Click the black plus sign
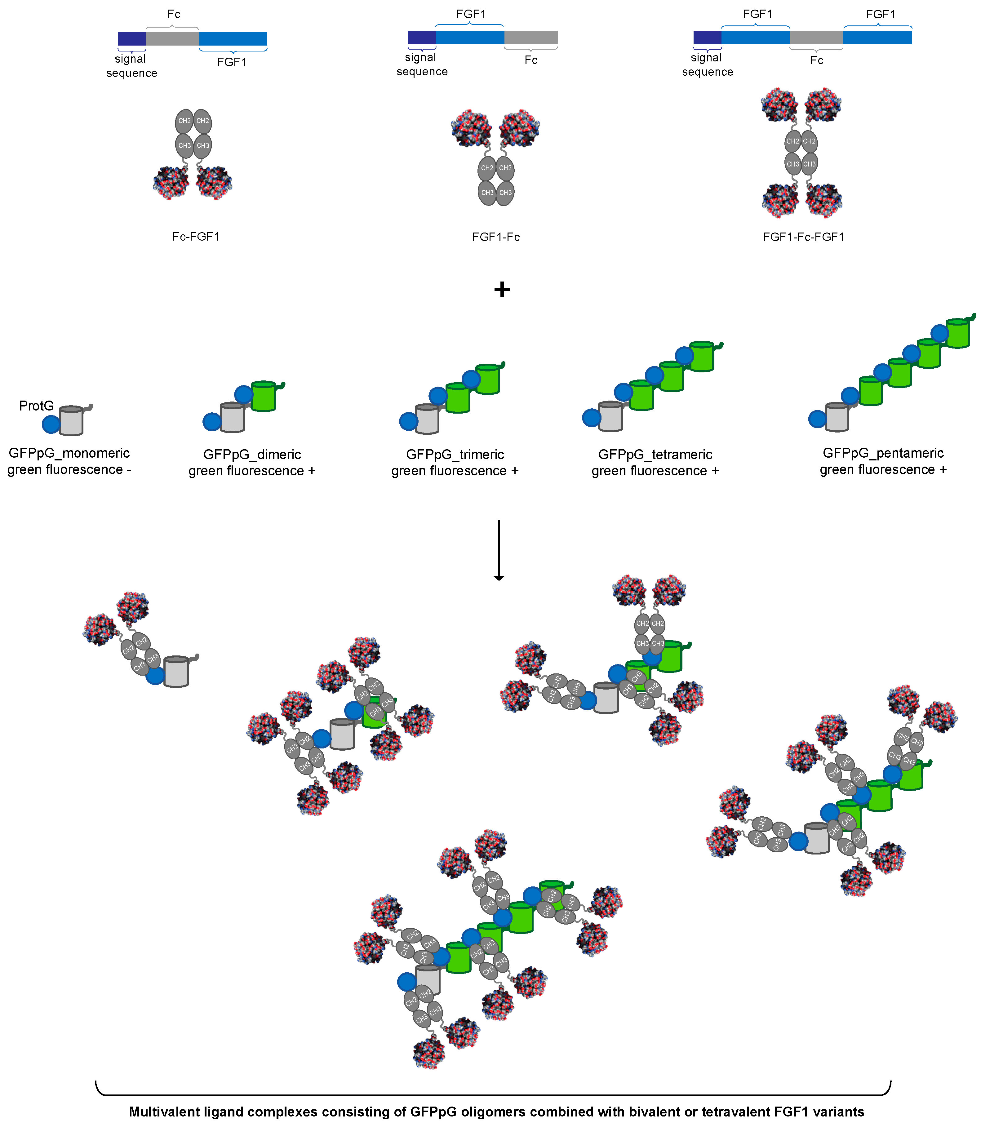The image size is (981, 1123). pos(501,289)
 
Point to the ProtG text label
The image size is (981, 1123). pos(36,406)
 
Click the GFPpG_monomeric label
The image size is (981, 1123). pos(69,453)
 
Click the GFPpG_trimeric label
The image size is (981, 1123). pos(455,455)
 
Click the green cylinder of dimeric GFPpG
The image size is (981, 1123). pos(263,397)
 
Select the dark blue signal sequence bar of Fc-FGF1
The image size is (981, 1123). pos(131,39)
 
